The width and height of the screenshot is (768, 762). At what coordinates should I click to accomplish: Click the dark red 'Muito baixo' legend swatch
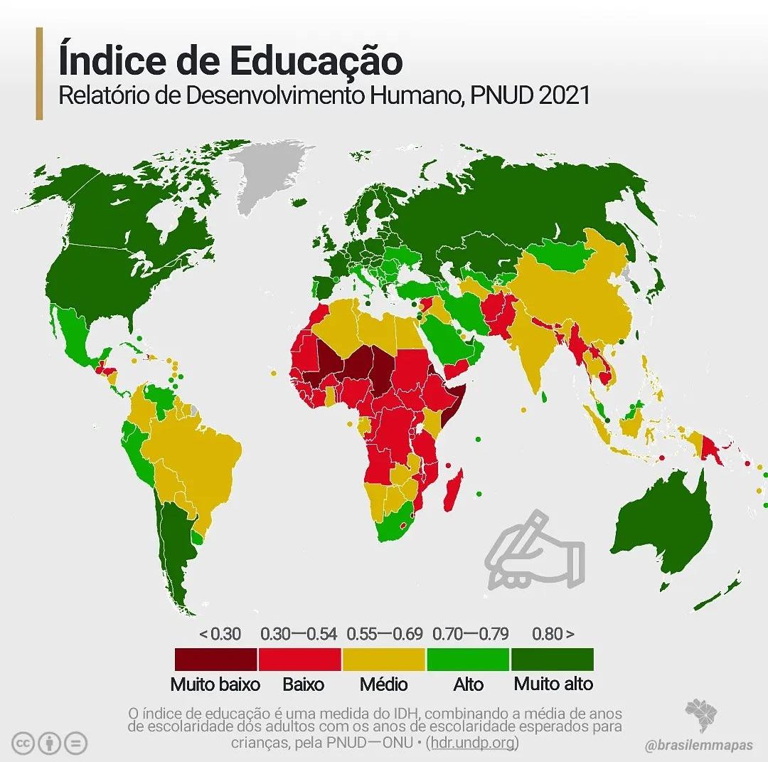pos(216,659)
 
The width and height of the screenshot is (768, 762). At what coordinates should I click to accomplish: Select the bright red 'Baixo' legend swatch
pos(300,659)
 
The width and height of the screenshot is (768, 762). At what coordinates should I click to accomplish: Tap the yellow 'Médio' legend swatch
pos(384,659)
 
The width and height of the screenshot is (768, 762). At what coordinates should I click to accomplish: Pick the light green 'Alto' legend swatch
pos(468,659)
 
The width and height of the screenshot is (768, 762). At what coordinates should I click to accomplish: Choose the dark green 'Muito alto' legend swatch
pos(553,659)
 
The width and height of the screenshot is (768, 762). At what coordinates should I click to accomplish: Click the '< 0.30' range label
pos(220,633)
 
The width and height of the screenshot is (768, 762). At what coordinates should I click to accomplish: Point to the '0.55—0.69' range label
pos(385,633)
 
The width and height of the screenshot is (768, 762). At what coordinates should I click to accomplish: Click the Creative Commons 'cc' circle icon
pos(24,743)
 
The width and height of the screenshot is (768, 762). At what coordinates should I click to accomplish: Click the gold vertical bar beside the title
pos(39,73)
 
